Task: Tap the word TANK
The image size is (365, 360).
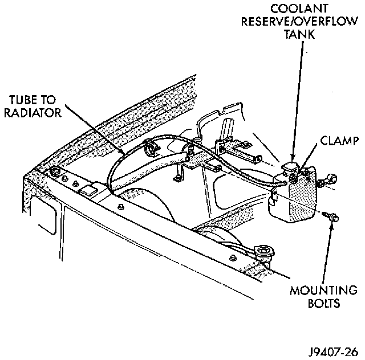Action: [x=298, y=34]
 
